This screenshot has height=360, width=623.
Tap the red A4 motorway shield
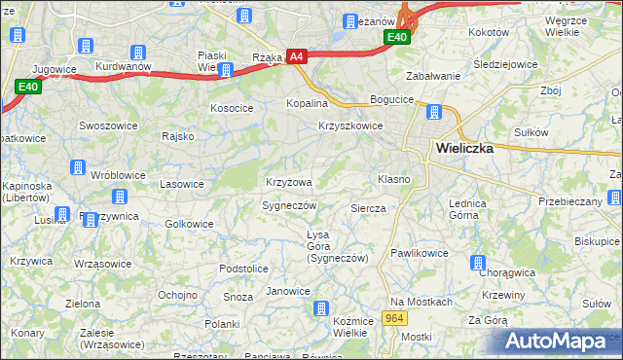click(297, 58)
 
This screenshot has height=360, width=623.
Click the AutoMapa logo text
click(556, 342)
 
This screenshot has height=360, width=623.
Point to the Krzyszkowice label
click(350, 126)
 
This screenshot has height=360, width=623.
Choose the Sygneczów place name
click(290, 205)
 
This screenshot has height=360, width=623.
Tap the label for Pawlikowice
click(419, 253)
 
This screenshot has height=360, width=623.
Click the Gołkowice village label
click(189, 224)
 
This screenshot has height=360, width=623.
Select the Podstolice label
click(243, 269)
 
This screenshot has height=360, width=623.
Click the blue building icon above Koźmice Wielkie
click(320, 309)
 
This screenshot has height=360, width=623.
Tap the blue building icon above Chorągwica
click(478, 263)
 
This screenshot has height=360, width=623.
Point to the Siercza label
click(368, 208)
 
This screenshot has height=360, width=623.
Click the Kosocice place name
click(232, 107)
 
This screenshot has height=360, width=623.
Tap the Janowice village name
click(288, 291)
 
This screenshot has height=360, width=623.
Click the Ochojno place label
click(178, 294)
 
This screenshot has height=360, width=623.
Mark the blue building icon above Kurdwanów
click(138, 52)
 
